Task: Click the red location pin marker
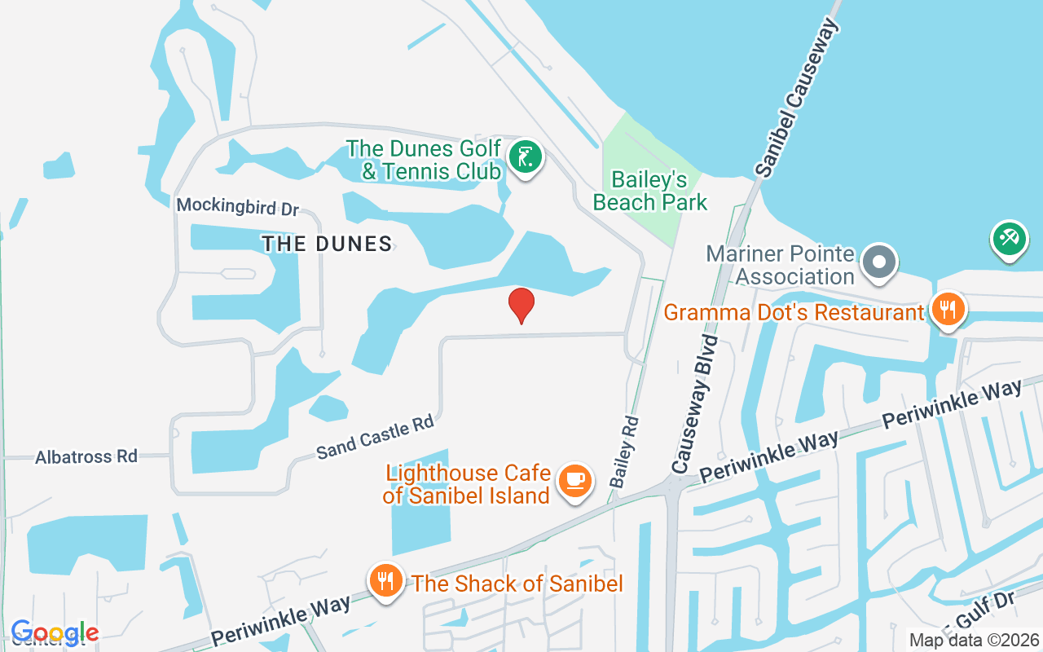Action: point(521,305)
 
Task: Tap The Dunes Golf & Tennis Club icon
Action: point(526,157)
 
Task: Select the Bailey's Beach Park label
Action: point(650,191)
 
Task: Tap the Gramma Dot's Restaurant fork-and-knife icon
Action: point(947,311)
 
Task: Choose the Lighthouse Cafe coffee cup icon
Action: point(575,481)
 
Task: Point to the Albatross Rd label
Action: point(86,456)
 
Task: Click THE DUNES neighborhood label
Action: point(327,243)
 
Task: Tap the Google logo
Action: point(55,632)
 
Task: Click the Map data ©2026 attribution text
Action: point(975,640)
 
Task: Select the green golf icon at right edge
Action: point(1009,239)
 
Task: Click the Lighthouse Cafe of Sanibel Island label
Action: point(468,484)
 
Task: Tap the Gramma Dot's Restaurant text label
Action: point(794,312)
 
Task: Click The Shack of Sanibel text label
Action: point(517,584)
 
